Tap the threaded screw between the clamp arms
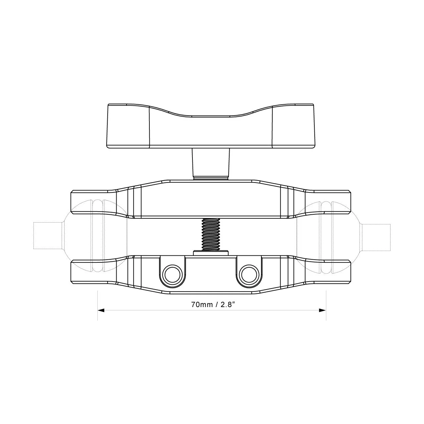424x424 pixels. [x=211, y=234]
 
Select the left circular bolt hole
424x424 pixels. [x=172, y=275]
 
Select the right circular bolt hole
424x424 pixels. [x=249, y=275]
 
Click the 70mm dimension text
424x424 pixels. [x=202, y=305]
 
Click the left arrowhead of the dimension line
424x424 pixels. [x=101, y=310]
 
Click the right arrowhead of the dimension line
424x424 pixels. [x=323, y=310]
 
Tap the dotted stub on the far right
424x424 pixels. [x=376, y=238]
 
